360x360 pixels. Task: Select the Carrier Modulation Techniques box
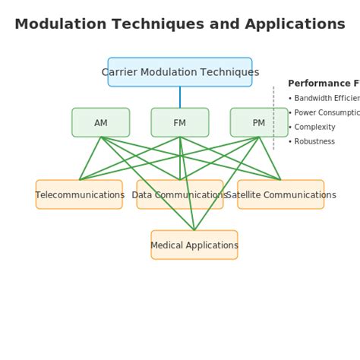point(180,72)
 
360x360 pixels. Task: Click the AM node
point(101,122)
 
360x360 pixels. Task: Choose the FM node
point(180,122)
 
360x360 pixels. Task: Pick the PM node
point(259,122)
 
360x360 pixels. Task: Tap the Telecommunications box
point(79,194)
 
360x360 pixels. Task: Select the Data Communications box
point(180,194)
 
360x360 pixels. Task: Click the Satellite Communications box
point(281,194)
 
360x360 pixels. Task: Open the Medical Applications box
point(194,245)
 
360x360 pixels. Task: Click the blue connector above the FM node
point(180,97)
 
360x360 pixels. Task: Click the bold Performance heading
point(322,84)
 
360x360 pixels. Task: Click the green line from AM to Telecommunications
point(90,158)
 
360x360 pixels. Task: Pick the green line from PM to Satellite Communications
point(270,158)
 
